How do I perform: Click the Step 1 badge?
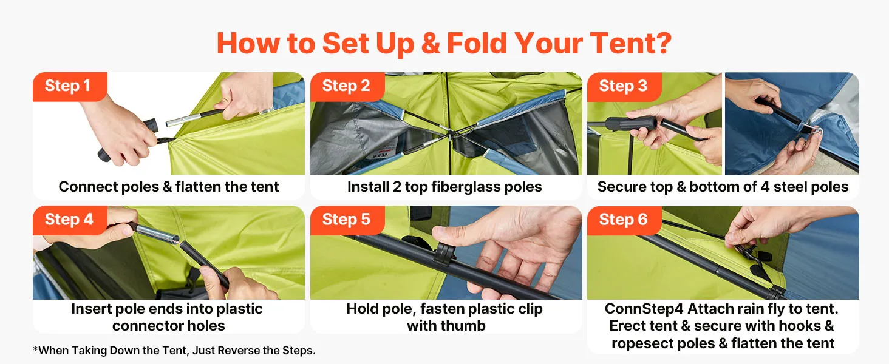[70, 86]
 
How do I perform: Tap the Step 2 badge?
[347, 86]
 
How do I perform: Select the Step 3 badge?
[624, 86]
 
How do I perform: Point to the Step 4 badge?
[70, 220]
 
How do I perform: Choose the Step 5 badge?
[347, 220]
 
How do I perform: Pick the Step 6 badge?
[624, 220]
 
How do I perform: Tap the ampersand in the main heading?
[431, 43]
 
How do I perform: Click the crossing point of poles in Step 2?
[449, 134]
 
